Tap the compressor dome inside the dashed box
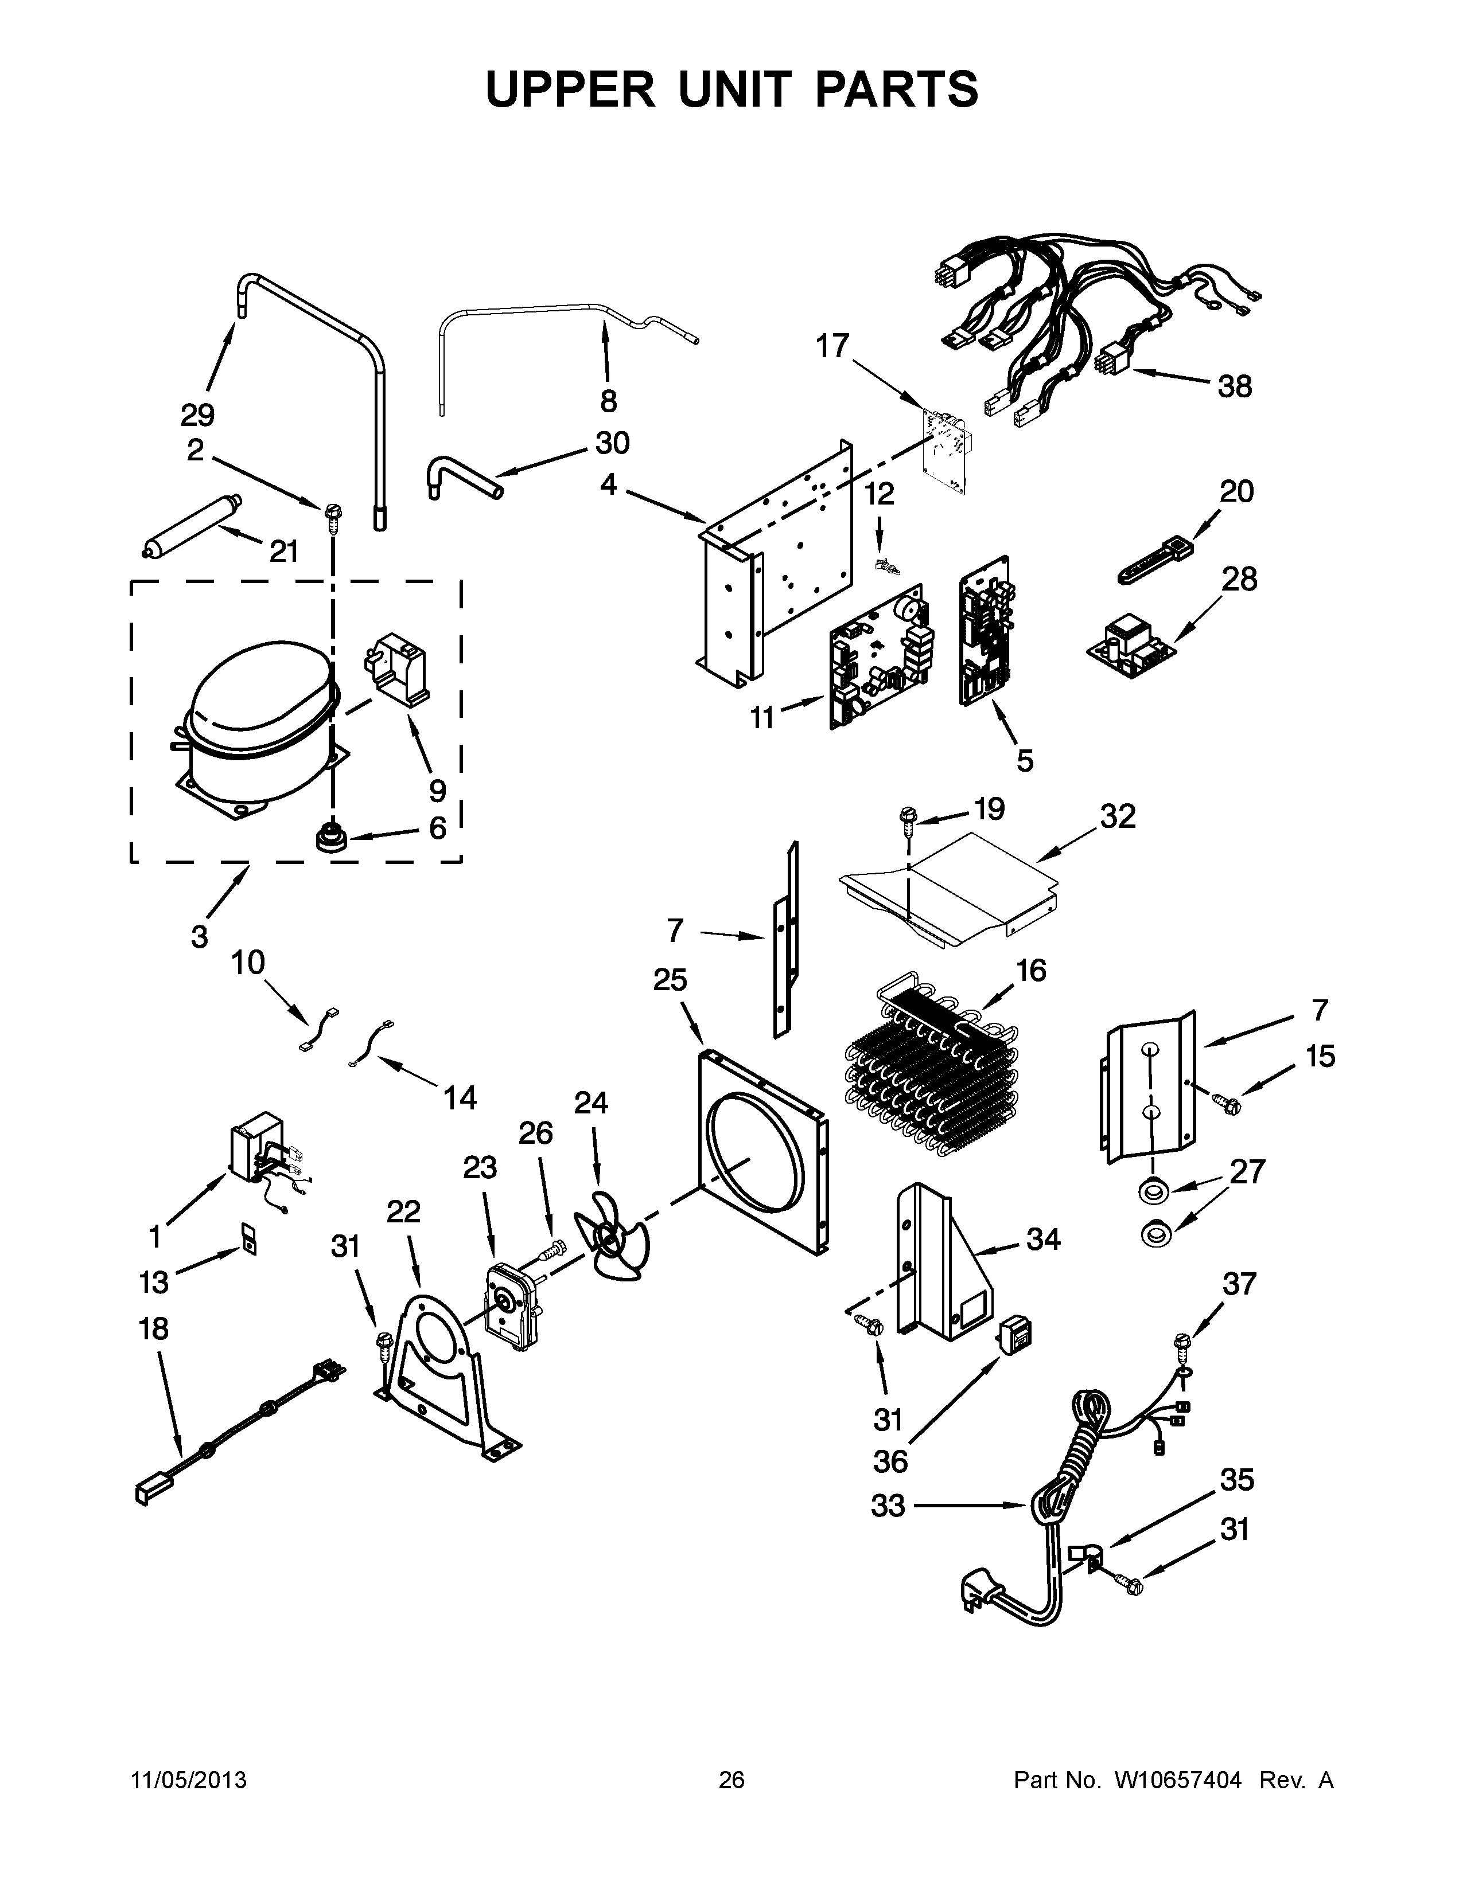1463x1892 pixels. [260, 685]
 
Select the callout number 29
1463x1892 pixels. [197, 416]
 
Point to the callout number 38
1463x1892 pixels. [1235, 386]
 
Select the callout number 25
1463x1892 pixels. [670, 980]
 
